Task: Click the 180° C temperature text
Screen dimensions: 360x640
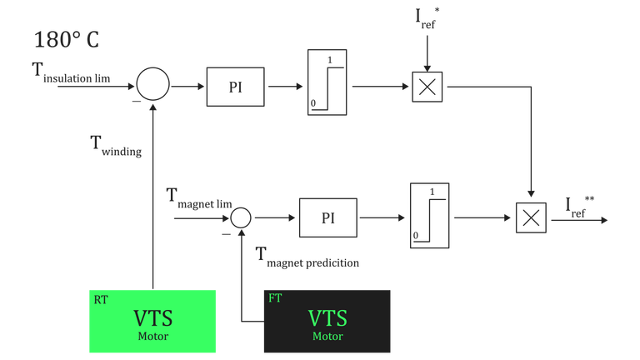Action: [x=67, y=41]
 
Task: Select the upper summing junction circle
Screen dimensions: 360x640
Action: [x=152, y=85]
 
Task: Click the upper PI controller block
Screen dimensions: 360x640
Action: [x=235, y=87]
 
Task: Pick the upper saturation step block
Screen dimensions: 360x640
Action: [x=327, y=82]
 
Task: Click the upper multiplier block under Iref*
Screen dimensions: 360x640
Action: [x=427, y=87]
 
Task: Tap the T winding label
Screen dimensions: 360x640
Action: [x=116, y=146]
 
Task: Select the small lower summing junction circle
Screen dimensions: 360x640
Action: [x=240, y=217]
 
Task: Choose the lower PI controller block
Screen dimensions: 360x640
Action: [x=327, y=217]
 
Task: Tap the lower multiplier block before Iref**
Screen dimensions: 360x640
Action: [x=531, y=217]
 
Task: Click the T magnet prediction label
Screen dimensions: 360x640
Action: [x=307, y=258]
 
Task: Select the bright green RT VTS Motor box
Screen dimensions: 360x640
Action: [x=152, y=321]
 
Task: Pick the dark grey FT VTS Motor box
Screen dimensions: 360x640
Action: [x=327, y=321]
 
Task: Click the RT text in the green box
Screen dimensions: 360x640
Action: [x=100, y=297]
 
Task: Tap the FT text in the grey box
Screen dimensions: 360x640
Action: [x=275, y=297]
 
